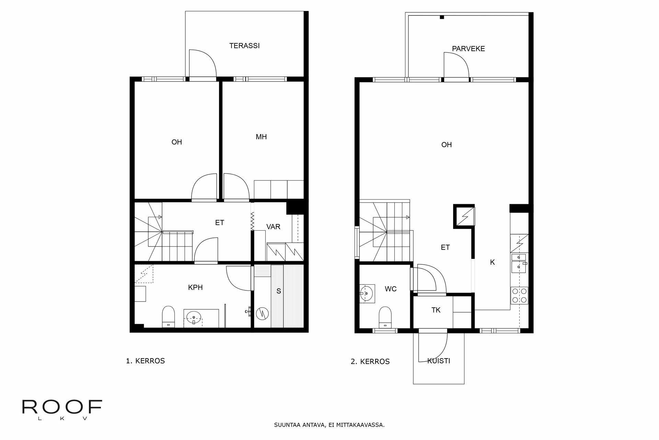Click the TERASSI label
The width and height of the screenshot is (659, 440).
pos(244,46)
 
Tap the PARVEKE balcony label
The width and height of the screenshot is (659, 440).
pos(468,49)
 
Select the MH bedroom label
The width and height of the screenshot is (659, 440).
pos(261,137)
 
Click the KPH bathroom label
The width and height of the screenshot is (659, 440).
pos(195,287)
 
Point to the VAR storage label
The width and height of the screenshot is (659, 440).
pos(273,227)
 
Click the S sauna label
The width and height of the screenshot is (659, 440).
pos(279,291)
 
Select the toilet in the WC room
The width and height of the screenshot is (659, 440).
pos(385,317)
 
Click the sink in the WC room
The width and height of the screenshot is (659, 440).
pos(367,293)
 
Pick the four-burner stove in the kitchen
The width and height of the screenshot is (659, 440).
pos(519,295)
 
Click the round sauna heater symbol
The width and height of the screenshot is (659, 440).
pos(262,313)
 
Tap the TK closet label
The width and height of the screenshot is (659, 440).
pos(436,310)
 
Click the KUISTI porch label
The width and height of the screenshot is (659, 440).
pos(439,361)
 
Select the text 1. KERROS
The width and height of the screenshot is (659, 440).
pos(146,361)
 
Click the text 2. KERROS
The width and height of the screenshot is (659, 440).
pos(370,362)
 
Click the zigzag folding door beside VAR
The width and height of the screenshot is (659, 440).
pos(252,221)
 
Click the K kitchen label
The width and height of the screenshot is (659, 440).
pos(492,262)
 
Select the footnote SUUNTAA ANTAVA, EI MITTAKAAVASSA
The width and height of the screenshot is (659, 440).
pos(329,425)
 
